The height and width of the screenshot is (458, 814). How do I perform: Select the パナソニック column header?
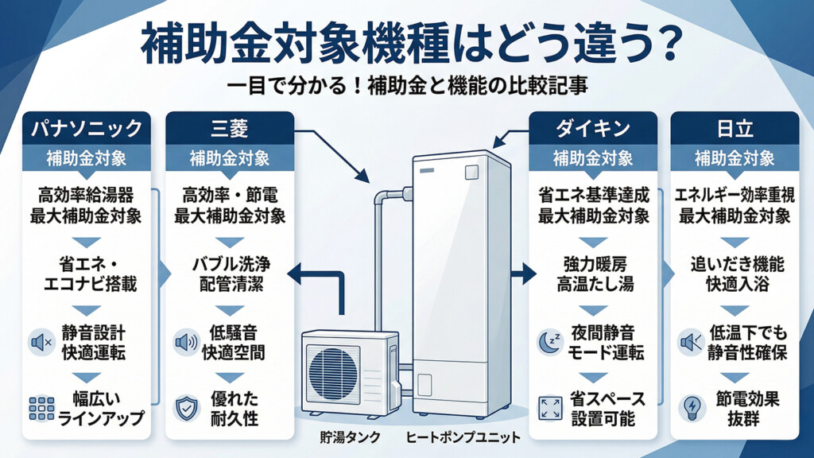click(87, 128)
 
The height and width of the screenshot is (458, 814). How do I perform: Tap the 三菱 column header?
click(229, 128)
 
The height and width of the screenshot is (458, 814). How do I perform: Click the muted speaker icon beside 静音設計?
click(41, 342)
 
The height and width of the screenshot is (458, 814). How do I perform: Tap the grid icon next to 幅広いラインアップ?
click(41, 408)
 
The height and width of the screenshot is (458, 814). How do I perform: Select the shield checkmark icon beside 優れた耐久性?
click(184, 408)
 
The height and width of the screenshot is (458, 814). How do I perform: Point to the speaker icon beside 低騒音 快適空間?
click(184, 342)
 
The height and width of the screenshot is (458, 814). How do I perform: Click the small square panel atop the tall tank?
click(471, 170)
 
